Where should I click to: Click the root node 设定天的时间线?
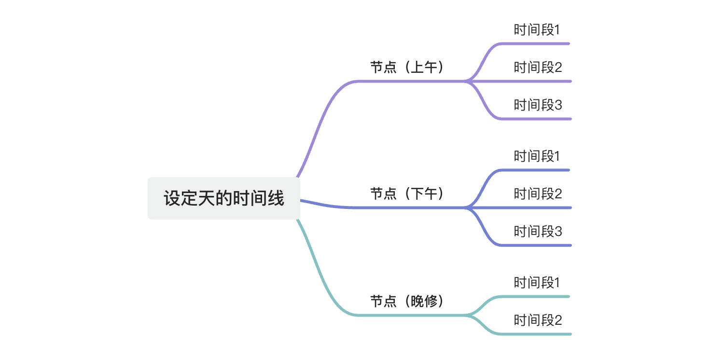tap(224, 198)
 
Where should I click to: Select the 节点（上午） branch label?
tap(406, 68)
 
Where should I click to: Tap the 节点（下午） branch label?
tap(406, 194)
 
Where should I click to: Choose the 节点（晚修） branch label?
tap(406, 302)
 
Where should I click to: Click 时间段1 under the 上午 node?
tap(537, 30)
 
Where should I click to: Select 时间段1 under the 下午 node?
tap(537, 156)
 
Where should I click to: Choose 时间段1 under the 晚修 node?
tap(537, 283)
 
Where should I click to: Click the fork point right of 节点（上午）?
tap(466, 81)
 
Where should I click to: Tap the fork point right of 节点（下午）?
tap(466, 208)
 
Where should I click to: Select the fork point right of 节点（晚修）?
tap(466, 315)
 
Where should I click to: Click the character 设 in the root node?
tap(172, 199)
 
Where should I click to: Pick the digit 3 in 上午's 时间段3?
tap(558, 105)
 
